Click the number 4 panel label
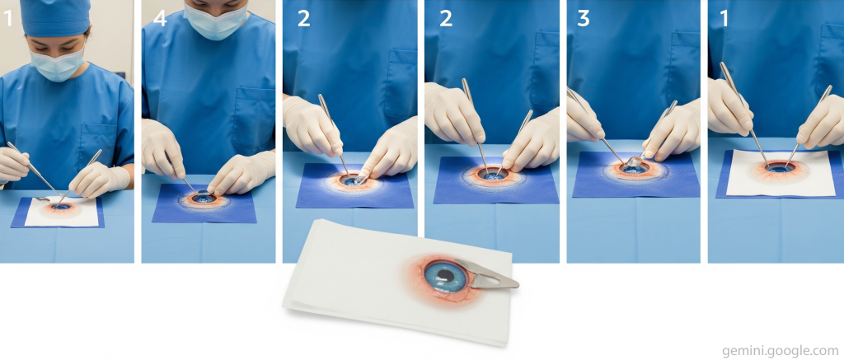tap(160, 18)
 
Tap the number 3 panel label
tap(584, 18)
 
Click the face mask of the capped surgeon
tap(57, 64)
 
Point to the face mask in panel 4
tap(215, 22)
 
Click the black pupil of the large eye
tap(444, 277)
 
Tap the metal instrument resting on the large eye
tap(486, 274)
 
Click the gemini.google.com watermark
tap(782, 351)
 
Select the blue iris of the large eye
tap(446, 276)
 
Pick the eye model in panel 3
tap(634, 170)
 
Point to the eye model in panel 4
tap(204, 199)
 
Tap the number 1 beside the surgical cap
tap(7, 18)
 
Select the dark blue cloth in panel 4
tap(204, 203)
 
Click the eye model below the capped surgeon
tap(59, 208)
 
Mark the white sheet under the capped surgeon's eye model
tap(61, 212)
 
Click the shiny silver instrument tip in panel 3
tap(634, 161)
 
